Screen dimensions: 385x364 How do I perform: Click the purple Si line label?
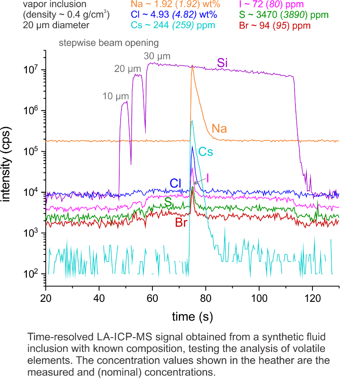point(222,63)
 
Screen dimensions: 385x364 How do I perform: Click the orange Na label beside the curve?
point(219,129)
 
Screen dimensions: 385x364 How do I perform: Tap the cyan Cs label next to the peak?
point(206,152)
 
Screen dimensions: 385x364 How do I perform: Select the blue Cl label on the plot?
point(175,183)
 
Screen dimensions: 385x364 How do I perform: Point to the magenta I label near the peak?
point(208,178)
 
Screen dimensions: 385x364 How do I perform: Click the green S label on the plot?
point(168,203)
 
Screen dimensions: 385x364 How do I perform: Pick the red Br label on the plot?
point(181,223)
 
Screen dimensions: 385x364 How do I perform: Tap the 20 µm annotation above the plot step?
point(128,69)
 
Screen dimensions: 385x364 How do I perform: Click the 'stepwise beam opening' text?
point(108,43)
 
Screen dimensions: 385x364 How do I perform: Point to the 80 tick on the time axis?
point(206,298)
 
